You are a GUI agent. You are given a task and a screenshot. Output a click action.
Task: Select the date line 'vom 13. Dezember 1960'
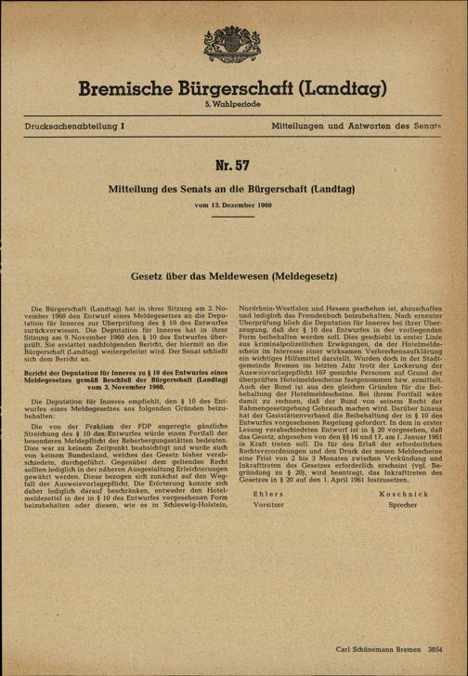coord(234,203)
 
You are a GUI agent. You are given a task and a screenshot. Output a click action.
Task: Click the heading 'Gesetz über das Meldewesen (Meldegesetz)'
coord(234,277)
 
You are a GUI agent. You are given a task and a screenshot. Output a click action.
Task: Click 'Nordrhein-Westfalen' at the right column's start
coord(279,307)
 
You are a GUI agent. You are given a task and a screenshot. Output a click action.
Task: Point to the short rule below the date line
coord(234,216)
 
